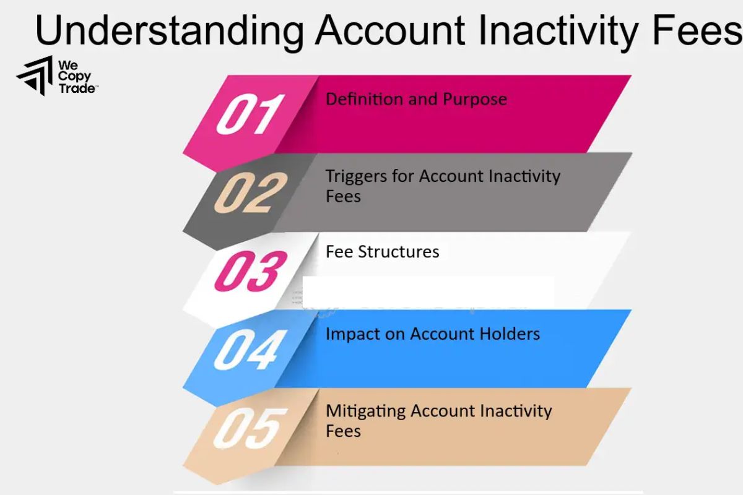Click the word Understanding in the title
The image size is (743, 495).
(x=169, y=30)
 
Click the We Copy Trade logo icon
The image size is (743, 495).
(x=35, y=75)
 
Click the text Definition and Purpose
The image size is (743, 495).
(x=416, y=99)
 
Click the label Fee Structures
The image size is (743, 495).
(x=382, y=252)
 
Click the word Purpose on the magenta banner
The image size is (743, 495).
(x=474, y=99)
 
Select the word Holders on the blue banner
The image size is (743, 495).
(x=510, y=334)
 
